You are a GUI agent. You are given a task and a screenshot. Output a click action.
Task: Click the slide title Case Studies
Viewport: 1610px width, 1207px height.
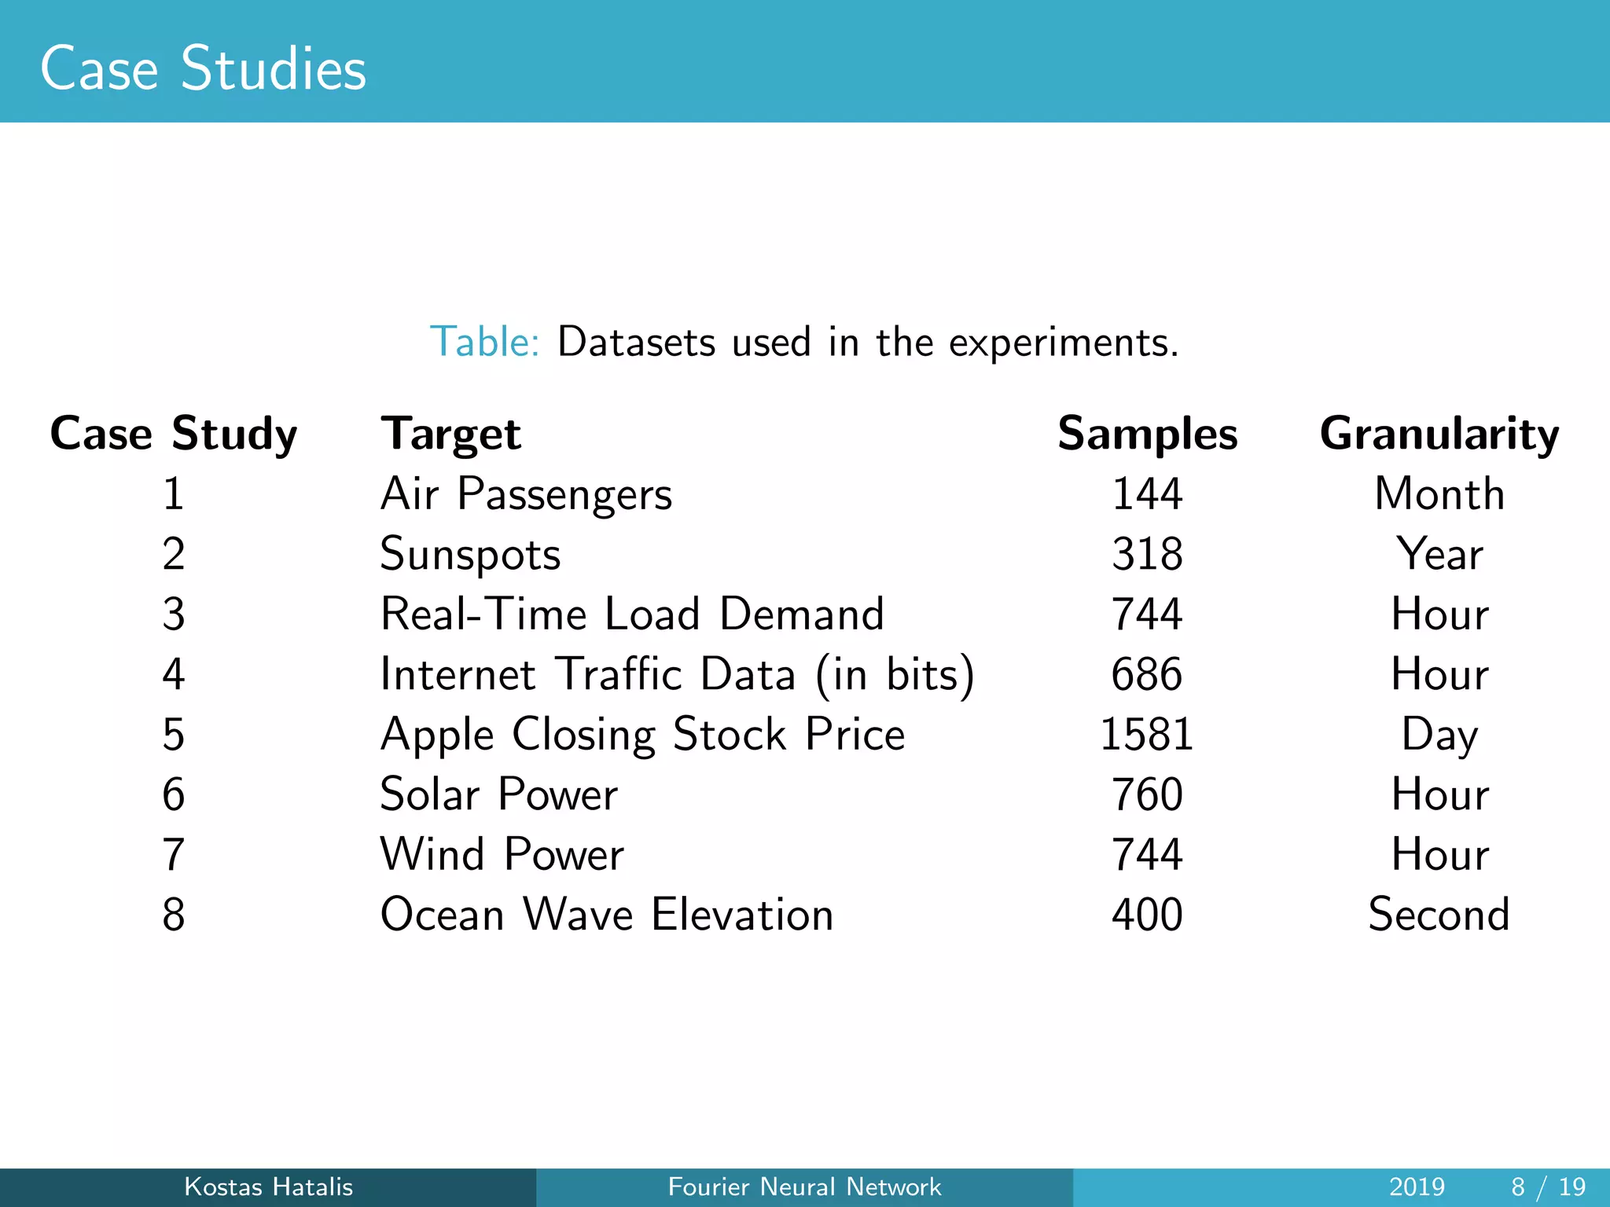[x=203, y=68]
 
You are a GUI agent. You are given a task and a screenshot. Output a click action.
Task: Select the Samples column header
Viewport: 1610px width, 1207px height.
[x=1147, y=434]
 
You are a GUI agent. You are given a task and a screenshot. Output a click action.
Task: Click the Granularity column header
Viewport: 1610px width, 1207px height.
[x=1439, y=434]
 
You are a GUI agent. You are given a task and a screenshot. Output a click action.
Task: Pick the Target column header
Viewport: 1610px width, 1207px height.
[x=450, y=434]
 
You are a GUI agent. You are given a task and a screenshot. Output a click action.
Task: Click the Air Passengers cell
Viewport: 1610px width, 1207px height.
[x=526, y=494]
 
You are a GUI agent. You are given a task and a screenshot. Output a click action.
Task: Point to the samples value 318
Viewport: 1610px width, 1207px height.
[x=1147, y=554]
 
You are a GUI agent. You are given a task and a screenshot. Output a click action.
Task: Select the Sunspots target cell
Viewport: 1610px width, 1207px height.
[x=470, y=554]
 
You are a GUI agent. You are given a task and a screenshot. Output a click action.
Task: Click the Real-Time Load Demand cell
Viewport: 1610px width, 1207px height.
[x=632, y=614]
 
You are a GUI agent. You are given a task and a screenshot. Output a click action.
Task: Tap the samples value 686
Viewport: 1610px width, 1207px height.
[x=1147, y=674]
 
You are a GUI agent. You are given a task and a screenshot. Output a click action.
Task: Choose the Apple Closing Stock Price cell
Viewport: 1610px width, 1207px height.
[x=642, y=735]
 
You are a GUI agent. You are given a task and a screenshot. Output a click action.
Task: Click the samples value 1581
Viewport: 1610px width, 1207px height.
[x=1147, y=735]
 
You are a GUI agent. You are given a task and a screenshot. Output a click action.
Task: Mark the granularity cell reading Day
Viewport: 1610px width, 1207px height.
[x=1439, y=735]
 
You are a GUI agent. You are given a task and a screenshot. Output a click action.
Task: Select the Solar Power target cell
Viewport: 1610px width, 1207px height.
[x=498, y=794]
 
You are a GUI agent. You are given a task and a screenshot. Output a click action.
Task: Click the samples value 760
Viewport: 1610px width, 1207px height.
[x=1147, y=794]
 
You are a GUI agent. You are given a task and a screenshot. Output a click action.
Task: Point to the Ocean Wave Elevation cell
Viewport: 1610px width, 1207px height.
[x=606, y=915]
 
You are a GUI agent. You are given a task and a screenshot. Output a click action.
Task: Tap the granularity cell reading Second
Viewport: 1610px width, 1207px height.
[x=1439, y=915]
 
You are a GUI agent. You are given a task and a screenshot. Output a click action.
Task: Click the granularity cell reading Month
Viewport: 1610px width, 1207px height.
[x=1439, y=494]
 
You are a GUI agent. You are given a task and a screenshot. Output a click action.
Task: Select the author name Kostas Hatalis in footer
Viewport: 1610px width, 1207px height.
[x=268, y=1187]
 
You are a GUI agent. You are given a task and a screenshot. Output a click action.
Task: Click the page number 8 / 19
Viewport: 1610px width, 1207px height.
[x=1548, y=1187]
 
